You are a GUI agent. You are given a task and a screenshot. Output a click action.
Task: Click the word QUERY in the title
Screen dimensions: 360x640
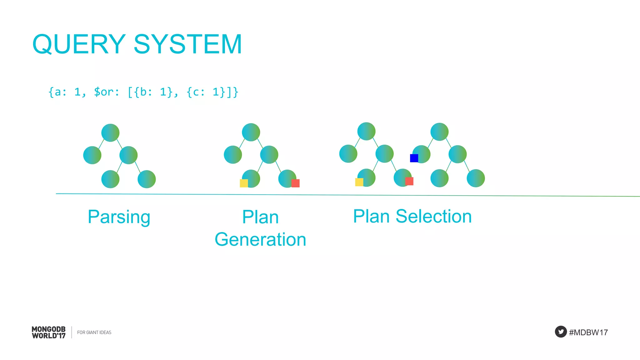tap(79, 44)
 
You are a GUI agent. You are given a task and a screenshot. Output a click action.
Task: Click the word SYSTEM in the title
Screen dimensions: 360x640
tap(187, 44)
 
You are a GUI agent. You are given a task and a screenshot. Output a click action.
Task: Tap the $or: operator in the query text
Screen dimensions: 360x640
tap(106, 92)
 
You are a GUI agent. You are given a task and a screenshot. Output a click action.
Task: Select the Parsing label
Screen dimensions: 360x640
tap(119, 217)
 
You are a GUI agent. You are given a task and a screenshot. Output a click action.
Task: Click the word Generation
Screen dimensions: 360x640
tap(260, 240)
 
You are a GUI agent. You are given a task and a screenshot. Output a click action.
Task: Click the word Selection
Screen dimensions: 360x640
tap(433, 216)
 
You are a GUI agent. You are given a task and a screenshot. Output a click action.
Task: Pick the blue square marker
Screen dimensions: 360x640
tap(414, 158)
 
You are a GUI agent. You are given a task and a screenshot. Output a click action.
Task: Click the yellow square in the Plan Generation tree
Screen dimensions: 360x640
tap(244, 183)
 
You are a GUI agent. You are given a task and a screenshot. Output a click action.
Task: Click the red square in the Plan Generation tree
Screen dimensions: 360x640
tap(295, 183)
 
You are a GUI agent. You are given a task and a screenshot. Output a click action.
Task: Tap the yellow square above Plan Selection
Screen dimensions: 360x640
tap(359, 182)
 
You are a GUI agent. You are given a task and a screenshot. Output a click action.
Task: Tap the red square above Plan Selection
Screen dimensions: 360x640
tap(409, 181)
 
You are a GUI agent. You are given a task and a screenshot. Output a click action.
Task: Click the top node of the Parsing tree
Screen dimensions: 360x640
tap(110, 133)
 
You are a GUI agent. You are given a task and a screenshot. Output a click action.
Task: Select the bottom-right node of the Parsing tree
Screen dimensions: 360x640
tap(147, 179)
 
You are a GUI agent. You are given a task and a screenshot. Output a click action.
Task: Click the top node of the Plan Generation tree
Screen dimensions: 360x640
tap(251, 132)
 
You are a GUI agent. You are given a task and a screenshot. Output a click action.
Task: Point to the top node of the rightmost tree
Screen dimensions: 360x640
tap(439, 132)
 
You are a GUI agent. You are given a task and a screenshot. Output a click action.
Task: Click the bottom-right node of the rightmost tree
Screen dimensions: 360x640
tap(476, 178)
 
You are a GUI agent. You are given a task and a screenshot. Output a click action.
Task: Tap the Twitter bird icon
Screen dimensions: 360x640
tap(561, 332)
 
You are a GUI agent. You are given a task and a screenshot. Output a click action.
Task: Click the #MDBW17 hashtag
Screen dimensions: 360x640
tap(588, 332)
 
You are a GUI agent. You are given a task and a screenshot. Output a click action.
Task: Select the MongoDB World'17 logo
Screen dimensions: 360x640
tap(48, 332)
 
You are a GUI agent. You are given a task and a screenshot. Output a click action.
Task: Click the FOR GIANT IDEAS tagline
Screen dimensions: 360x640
tap(94, 332)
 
